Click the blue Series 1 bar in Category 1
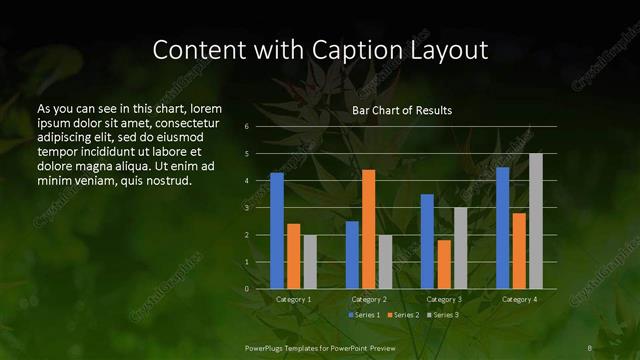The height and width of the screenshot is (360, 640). pos(277,231)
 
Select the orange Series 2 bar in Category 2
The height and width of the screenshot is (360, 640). pos(369,229)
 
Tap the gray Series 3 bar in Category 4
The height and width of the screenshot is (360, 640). pos(536,221)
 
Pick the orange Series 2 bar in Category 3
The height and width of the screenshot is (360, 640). pos(444,264)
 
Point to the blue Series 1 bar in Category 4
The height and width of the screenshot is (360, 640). pos(502,228)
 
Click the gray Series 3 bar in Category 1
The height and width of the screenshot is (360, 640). pos(310,262)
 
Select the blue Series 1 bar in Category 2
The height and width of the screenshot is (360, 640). pos(352,255)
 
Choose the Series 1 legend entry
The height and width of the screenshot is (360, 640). pos(364,315)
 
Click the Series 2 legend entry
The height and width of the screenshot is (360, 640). pos(403,315)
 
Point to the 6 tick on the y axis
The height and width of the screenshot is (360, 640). pos(246,127)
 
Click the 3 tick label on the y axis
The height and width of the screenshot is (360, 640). pos(246,208)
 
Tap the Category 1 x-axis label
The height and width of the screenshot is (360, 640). pos(293,299)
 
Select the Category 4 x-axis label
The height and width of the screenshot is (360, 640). pos(518,299)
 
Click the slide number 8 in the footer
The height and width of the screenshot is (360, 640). pos(591,347)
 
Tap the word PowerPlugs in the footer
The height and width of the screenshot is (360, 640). pos(268,347)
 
